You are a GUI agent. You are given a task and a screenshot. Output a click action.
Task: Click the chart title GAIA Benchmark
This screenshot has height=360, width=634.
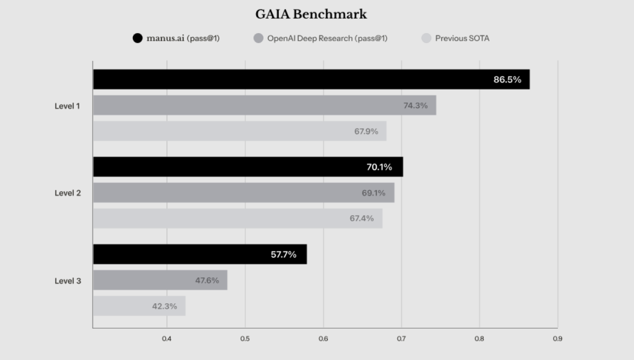click(311, 14)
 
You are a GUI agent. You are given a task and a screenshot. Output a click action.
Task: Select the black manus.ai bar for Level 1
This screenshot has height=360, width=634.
click(311, 79)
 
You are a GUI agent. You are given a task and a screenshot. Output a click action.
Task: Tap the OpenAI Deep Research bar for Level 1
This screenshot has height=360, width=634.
click(264, 105)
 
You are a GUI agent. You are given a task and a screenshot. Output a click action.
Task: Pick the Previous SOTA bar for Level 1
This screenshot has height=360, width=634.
click(240, 131)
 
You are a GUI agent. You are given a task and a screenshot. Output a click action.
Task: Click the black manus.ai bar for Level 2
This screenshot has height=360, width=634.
click(248, 167)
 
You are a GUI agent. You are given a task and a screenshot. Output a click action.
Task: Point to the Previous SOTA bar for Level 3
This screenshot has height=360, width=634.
click(139, 306)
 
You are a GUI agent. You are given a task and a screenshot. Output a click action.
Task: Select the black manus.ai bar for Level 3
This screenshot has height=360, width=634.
click(200, 254)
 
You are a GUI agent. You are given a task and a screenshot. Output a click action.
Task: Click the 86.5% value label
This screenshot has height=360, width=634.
click(507, 79)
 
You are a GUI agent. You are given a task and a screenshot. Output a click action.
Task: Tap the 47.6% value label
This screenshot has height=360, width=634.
click(207, 280)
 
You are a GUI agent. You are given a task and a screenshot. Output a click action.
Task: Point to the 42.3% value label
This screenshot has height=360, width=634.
click(165, 306)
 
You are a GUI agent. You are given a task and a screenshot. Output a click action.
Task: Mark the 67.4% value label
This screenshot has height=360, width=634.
click(361, 219)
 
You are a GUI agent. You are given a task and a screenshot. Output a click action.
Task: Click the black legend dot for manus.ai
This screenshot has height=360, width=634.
click(138, 39)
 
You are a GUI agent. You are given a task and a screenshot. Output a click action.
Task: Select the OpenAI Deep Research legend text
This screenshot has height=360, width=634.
click(327, 39)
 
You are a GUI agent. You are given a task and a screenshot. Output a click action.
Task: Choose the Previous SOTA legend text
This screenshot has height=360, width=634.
click(462, 39)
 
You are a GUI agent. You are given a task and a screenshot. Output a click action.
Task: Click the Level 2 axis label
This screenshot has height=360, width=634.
click(68, 193)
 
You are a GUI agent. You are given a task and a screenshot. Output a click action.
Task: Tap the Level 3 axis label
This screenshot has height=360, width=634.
click(68, 281)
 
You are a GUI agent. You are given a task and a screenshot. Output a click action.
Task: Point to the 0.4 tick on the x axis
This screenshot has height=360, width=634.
click(167, 339)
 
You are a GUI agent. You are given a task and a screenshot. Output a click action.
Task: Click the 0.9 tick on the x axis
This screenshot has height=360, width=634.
click(557, 339)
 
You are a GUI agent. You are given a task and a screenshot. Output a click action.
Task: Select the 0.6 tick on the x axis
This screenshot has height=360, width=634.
click(323, 339)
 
